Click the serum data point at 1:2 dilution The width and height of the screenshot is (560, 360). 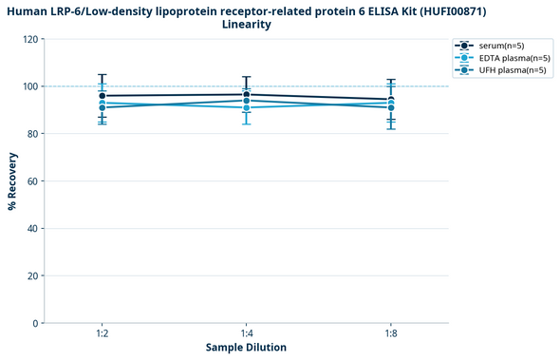click(x=102, y=96)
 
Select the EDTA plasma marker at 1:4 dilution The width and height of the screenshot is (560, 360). click(x=247, y=107)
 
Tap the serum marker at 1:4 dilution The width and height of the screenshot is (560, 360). click(x=247, y=94)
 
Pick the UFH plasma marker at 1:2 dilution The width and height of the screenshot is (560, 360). click(x=102, y=107)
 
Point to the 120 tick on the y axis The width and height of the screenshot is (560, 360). click(x=30, y=40)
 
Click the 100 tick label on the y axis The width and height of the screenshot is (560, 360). click(x=30, y=86)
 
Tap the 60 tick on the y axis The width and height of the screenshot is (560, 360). click(x=33, y=181)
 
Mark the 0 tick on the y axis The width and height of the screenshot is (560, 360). click(x=36, y=324)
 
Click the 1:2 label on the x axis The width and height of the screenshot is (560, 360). click(x=102, y=334)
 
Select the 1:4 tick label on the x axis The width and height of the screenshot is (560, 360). click(x=247, y=334)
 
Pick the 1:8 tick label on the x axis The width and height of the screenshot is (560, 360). click(x=391, y=334)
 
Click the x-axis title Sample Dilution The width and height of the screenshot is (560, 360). click(x=246, y=348)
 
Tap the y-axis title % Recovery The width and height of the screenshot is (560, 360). click(x=12, y=181)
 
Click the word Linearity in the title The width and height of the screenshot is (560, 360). click(x=246, y=25)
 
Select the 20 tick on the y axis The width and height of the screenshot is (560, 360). click(x=33, y=276)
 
